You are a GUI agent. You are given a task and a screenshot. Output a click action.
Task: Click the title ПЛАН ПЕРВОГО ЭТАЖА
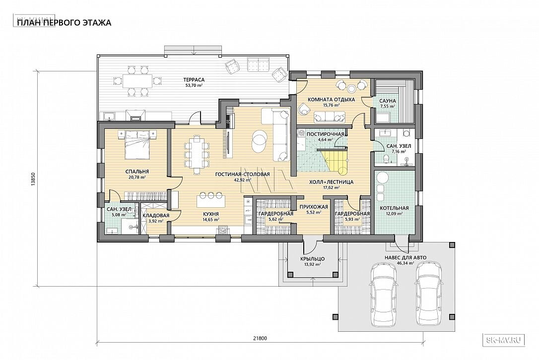click(x=64, y=23)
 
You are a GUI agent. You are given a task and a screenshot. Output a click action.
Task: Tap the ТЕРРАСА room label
click(x=194, y=80)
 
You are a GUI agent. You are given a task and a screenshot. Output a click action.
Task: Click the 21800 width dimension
click(x=260, y=338)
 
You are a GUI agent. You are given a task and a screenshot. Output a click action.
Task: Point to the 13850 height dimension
click(x=32, y=179)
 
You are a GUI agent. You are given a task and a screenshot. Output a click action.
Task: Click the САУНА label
click(x=388, y=101)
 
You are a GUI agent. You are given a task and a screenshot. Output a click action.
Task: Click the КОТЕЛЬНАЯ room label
click(x=394, y=208)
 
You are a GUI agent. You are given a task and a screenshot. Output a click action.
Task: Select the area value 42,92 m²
click(x=242, y=180)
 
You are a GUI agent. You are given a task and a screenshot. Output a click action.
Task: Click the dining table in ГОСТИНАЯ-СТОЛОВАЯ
click(x=197, y=154)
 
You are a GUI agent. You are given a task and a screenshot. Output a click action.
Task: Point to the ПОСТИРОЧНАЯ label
click(x=325, y=134)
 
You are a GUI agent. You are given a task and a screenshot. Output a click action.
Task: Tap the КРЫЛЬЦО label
click(x=312, y=259)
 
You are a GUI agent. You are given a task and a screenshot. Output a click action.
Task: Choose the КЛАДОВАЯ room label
click(x=156, y=215)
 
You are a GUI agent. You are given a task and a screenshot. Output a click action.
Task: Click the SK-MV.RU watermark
click(x=505, y=340)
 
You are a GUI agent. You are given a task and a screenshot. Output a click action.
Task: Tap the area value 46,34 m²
click(x=405, y=263)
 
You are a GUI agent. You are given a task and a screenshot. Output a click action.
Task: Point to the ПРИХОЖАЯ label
click(x=314, y=207)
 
